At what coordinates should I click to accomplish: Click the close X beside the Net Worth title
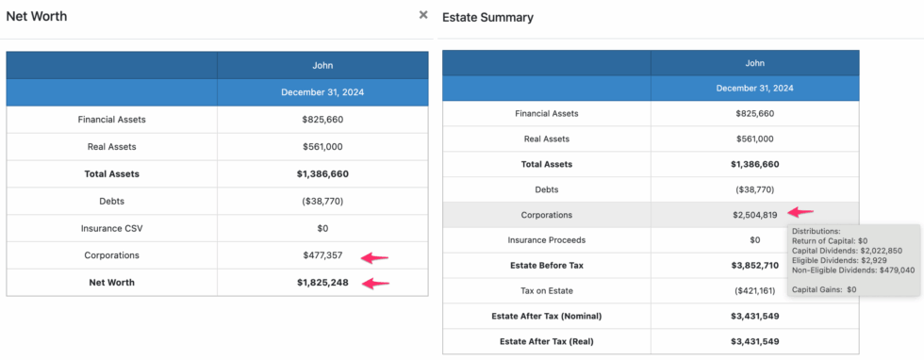pos(423,15)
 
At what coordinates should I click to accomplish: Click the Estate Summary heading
pos(487,17)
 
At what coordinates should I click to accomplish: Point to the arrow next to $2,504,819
pos(800,213)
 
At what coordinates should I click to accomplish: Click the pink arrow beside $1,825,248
pos(375,283)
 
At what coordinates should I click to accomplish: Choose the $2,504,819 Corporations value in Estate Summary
pos(754,214)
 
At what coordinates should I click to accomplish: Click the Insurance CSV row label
pos(111,228)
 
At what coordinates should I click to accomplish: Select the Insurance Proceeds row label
pos(547,239)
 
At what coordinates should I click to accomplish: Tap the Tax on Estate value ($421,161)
pos(754,290)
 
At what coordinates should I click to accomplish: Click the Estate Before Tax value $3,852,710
pos(754,265)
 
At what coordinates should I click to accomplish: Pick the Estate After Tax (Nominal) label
pos(547,316)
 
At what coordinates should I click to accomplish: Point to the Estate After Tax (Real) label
pos(547,341)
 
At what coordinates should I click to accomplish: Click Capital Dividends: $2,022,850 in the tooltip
pos(847,251)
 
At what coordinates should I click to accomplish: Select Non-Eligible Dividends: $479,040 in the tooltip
pos(852,270)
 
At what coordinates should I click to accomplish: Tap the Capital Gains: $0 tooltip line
pos(823,289)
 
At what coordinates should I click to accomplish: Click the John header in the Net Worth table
pos(322,65)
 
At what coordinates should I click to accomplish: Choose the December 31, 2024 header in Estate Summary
pos(754,88)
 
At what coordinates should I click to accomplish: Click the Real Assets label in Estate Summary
pos(547,139)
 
